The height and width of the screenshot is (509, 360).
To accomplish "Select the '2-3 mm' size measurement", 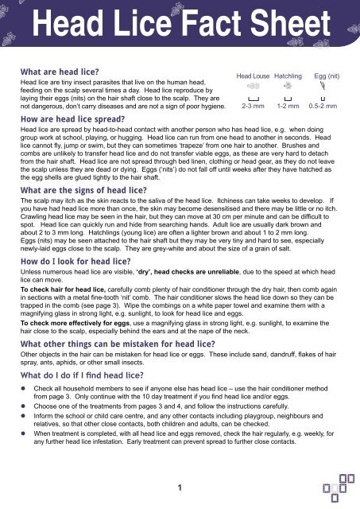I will coord(252,105).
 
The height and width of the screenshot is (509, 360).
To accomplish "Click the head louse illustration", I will coord(252,85).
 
